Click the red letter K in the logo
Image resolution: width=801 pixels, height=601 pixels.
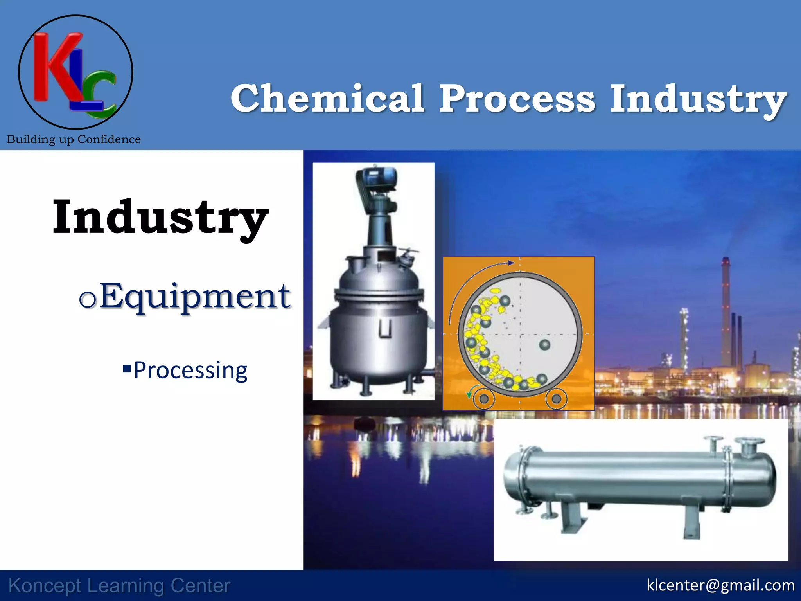[x=55, y=67]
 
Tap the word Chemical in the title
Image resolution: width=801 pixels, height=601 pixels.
[x=327, y=99]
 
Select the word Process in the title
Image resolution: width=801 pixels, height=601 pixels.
[x=517, y=99]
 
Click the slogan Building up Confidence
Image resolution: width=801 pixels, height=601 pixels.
[x=74, y=139]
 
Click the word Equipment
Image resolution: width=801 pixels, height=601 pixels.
[x=194, y=297]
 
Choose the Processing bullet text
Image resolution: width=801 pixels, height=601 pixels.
[x=190, y=370]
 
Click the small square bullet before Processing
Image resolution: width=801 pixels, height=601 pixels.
[x=126, y=368]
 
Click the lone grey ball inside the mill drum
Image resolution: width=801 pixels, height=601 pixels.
[x=544, y=345]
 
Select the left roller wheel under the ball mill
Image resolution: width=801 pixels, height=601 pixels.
[x=484, y=399]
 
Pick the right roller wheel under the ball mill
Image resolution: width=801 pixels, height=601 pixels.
[x=556, y=399]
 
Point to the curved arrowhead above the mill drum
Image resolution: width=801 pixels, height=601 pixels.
[x=510, y=263]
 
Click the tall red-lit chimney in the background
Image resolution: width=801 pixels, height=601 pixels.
[x=726, y=309]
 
